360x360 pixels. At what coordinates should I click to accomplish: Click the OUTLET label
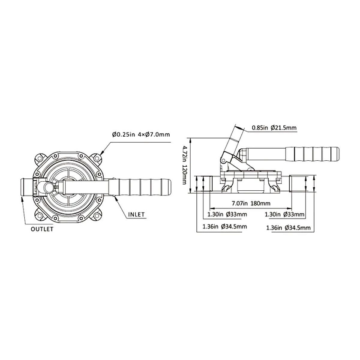(42, 229)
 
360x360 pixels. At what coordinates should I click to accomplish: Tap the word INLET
(136, 214)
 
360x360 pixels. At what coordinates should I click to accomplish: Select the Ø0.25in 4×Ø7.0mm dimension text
(141, 135)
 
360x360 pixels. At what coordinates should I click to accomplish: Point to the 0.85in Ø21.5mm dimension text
(274, 128)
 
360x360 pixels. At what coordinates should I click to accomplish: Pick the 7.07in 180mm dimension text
(251, 203)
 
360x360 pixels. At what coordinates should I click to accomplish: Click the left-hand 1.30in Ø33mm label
(227, 214)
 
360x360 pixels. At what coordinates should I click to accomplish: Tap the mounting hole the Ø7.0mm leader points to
(97, 158)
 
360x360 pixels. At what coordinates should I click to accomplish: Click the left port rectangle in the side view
(207, 183)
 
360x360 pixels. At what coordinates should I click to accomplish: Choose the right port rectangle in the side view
(298, 183)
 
